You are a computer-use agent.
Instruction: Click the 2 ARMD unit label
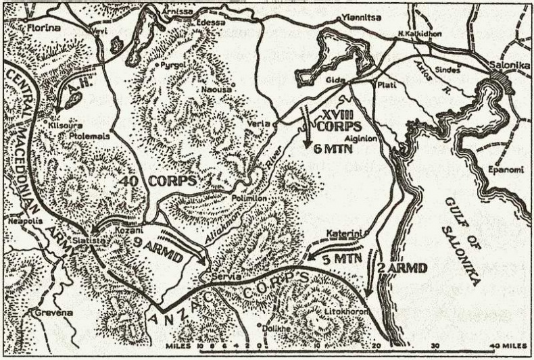point(403,269)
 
